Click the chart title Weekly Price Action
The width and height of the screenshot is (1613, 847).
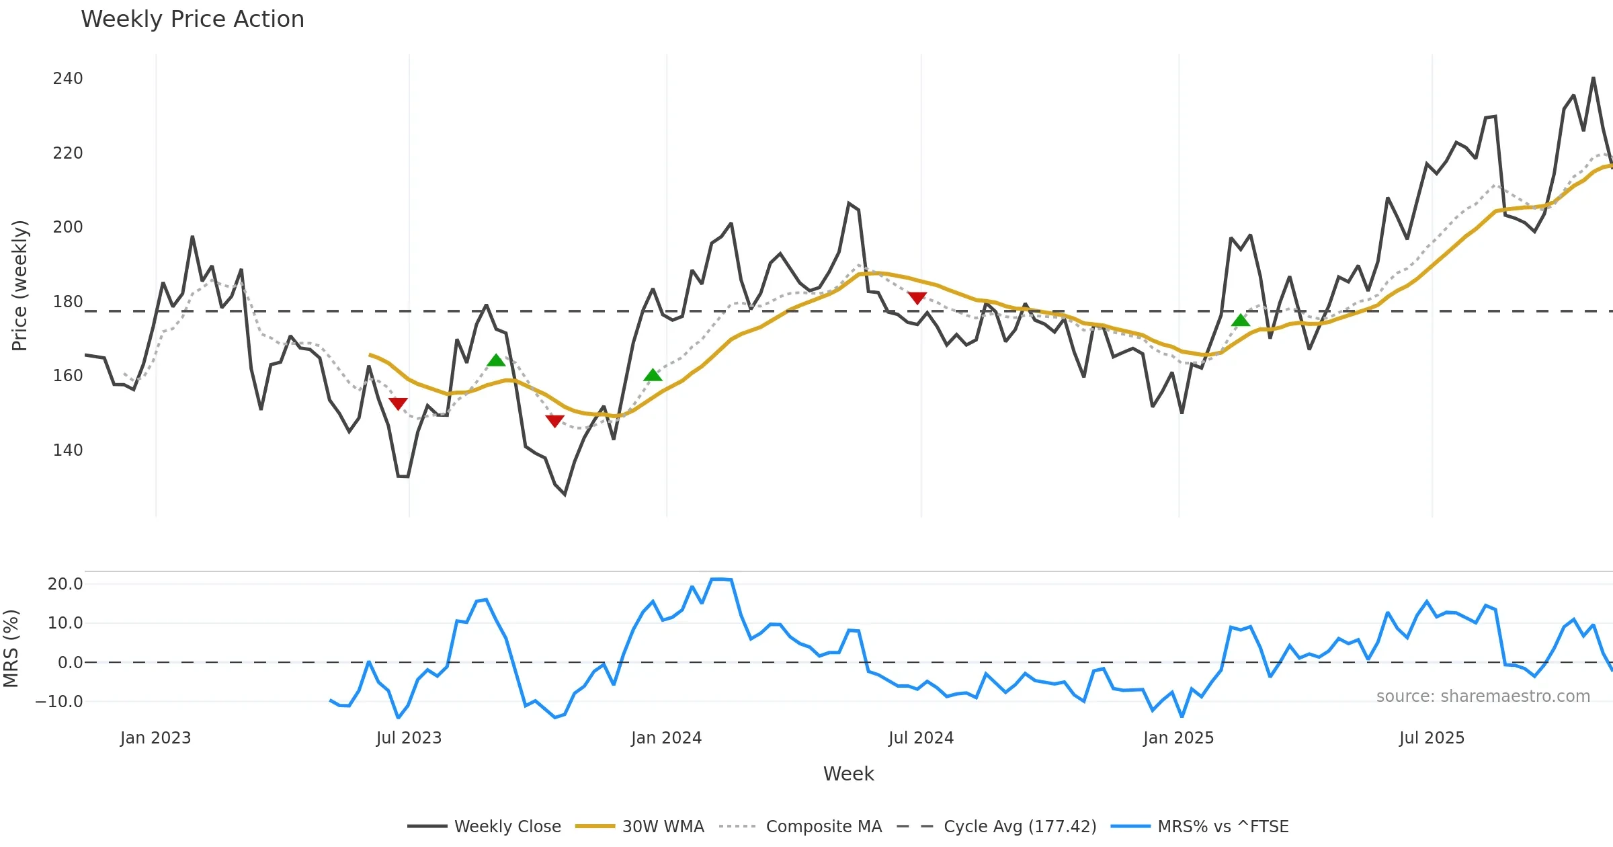[x=192, y=19]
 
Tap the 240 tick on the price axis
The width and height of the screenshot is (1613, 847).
[x=68, y=79]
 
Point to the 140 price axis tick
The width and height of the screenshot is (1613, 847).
[x=68, y=450]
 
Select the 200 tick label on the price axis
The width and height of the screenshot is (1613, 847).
[x=68, y=227]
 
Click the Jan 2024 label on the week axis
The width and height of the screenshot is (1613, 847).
[x=666, y=738]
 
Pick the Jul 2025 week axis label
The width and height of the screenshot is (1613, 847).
[x=1432, y=738]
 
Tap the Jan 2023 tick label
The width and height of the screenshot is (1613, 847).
[x=156, y=738]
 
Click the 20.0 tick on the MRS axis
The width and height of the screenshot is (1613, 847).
[x=65, y=583]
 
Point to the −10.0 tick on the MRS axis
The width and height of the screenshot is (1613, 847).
[x=59, y=701]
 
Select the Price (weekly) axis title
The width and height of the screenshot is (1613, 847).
[x=19, y=286]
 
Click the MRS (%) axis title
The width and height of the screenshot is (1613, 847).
[x=11, y=649]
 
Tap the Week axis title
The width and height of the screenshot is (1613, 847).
[x=848, y=774]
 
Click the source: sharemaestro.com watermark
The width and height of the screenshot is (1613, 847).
[x=1483, y=696]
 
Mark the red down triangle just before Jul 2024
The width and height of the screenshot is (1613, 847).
[x=917, y=298]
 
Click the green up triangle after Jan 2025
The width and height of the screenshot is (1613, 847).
[x=1241, y=321]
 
